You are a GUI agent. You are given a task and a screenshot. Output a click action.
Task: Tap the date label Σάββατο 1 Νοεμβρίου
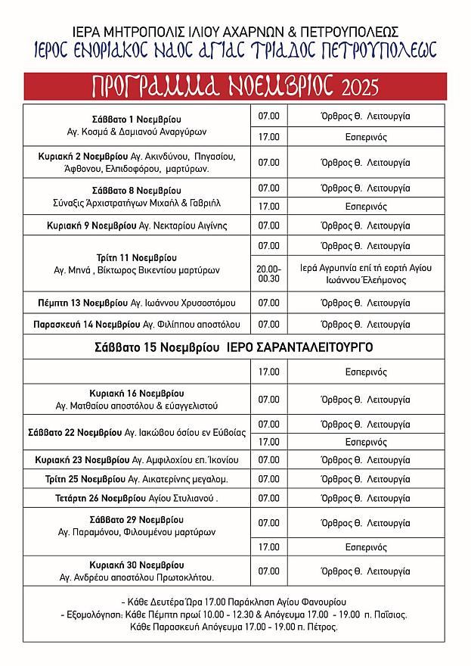pos(136,120)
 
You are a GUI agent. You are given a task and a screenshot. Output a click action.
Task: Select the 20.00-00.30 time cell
pos(269,273)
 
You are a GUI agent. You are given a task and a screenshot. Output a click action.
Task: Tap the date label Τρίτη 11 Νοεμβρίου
pos(136,257)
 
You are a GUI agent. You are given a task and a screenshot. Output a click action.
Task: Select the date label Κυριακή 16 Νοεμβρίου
pos(136,394)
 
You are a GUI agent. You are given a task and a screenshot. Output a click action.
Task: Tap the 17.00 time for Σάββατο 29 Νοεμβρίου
pos(269,546)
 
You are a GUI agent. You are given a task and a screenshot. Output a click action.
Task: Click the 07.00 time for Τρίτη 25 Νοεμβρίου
pos(269,479)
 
